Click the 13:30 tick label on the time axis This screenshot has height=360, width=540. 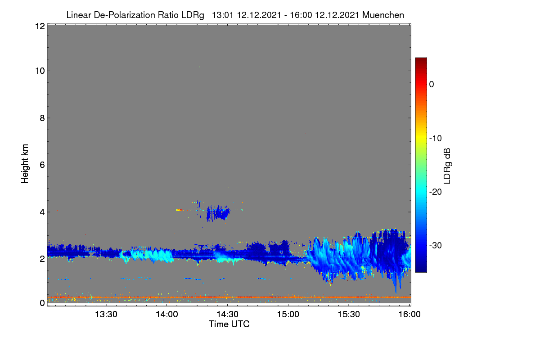click(106, 314)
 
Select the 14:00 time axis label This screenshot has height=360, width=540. click(167, 314)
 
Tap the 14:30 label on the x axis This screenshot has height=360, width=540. click(227, 314)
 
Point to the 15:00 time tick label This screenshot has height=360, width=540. click(288, 314)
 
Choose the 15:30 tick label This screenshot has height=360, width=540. click(349, 314)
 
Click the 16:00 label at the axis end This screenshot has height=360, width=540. click(409, 314)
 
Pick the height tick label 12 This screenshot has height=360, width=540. click(40, 26)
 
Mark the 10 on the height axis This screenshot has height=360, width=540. click(40, 71)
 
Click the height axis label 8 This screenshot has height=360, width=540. click(42, 118)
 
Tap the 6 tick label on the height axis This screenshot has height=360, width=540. click(42, 165)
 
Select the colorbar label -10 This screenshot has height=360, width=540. click(436, 139)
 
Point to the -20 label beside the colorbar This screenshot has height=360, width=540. click(436, 192)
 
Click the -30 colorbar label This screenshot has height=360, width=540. click(436, 245)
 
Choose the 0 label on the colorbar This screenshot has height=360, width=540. click(432, 85)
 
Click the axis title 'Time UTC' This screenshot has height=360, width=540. click(229, 324)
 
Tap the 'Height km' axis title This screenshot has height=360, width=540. click(25, 164)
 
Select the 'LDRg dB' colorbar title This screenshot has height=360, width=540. click(447, 166)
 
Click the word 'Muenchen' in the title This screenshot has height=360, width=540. click(383, 15)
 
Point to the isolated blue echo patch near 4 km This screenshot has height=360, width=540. click(218, 213)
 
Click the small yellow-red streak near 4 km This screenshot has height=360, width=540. click(180, 210)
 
